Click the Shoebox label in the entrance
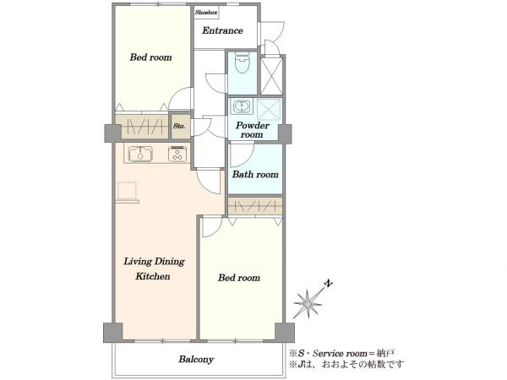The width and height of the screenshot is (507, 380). (207, 13)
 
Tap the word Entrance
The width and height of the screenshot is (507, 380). (222, 30)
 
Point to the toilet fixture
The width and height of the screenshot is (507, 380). (243, 62)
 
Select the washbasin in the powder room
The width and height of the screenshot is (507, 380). (242, 106)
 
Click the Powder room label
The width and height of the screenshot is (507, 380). (252, 130)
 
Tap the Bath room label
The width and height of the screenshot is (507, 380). (255, 175)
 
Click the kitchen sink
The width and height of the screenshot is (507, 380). (140, 154)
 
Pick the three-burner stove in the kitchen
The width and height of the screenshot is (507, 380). (177, 154)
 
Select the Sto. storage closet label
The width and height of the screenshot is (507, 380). (179, 126)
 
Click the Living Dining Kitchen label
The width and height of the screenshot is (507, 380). (154, 269)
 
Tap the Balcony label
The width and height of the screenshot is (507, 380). (196, 360)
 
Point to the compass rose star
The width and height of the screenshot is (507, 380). (308, 303)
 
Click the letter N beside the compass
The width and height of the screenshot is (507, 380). (329, 284)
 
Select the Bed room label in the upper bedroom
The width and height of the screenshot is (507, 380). (150, 57)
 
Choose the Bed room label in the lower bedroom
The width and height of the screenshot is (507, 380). (239, 278)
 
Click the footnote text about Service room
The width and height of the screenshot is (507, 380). (341, 353)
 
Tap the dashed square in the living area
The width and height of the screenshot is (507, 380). (127, 191)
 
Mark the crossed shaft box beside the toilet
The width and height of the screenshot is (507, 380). (271, 76)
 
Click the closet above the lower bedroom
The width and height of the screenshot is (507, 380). (255, 206)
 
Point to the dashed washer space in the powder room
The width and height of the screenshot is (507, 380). (269, 109)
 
